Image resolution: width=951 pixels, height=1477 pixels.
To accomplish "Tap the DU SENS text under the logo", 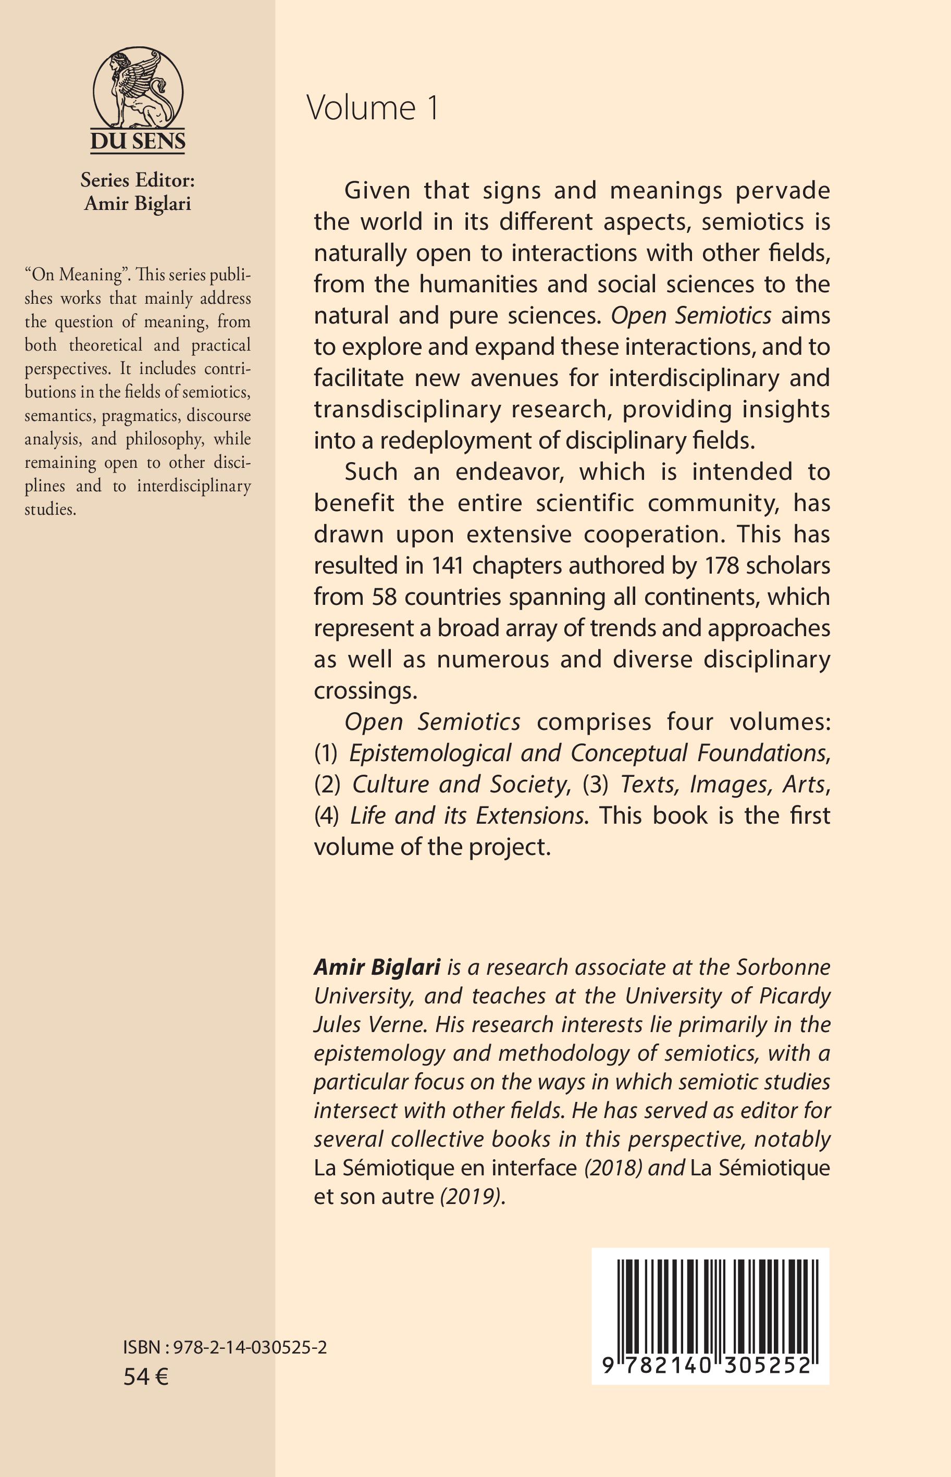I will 138,141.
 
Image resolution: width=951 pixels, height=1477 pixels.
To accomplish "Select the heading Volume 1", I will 373,109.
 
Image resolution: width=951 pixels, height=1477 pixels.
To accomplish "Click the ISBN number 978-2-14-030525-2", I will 250,1347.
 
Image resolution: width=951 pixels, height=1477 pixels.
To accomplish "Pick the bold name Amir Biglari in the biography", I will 377,967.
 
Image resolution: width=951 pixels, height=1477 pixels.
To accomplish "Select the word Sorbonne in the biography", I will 783,967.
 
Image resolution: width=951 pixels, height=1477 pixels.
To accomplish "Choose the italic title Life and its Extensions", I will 466,815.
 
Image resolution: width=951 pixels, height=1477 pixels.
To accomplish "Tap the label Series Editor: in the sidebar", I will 138,180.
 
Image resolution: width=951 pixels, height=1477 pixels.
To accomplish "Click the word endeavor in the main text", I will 508,472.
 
